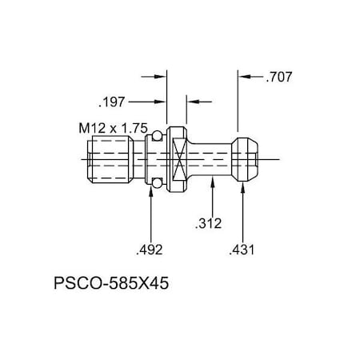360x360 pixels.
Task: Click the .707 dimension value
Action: coord(278,78)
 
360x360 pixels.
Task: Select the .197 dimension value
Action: coord(113,102)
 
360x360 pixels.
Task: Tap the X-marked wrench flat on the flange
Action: coord(179,158)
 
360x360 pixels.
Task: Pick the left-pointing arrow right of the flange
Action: coord(190,102)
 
